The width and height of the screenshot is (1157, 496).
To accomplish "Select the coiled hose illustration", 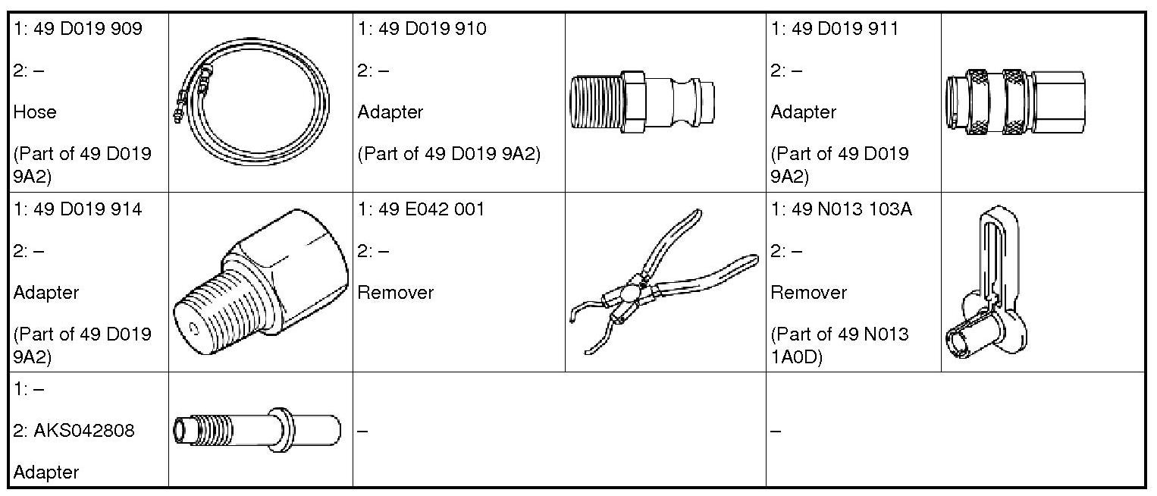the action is point(250,103).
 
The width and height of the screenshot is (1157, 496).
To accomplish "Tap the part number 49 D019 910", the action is point(433,30).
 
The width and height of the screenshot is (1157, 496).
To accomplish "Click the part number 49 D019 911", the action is point(845,30).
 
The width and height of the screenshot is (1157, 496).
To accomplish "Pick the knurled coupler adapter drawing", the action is point(1014,103).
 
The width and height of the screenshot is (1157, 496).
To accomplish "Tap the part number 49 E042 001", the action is point(431,210).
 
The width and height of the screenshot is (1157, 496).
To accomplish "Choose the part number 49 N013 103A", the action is point(852,210).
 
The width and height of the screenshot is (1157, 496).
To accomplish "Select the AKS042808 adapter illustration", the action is point(256,430).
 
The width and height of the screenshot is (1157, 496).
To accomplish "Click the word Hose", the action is point(35,112).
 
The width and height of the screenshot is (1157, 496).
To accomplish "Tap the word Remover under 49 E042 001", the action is point(395,293).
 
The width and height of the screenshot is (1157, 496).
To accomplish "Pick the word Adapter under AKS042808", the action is point(46,472).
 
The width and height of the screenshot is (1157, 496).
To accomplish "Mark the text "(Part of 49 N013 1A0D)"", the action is point(839,345).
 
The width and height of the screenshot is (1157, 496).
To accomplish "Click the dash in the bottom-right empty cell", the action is point(775,431).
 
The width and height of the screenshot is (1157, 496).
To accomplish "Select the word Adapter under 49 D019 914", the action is point(46,293).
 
